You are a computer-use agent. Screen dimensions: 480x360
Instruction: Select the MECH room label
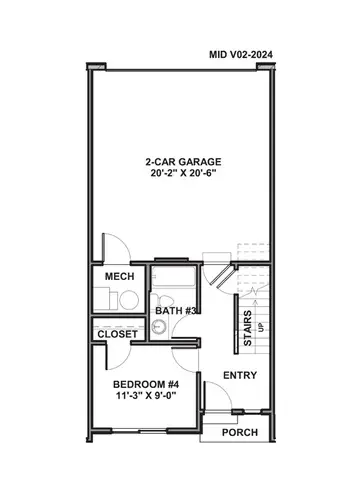pos(119,277)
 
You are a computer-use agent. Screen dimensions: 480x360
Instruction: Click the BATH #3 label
pos(175,311)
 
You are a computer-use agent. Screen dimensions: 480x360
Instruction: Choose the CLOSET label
pos(117,333)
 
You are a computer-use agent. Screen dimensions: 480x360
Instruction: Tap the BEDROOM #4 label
pos(145,384)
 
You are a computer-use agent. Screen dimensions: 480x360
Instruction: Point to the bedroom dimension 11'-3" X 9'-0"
pos(145,397)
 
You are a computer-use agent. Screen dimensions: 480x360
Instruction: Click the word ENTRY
pos(240,375)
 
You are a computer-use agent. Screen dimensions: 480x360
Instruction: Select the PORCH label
pos(240,432)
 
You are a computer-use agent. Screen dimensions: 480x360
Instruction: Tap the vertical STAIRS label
pos(248,327)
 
